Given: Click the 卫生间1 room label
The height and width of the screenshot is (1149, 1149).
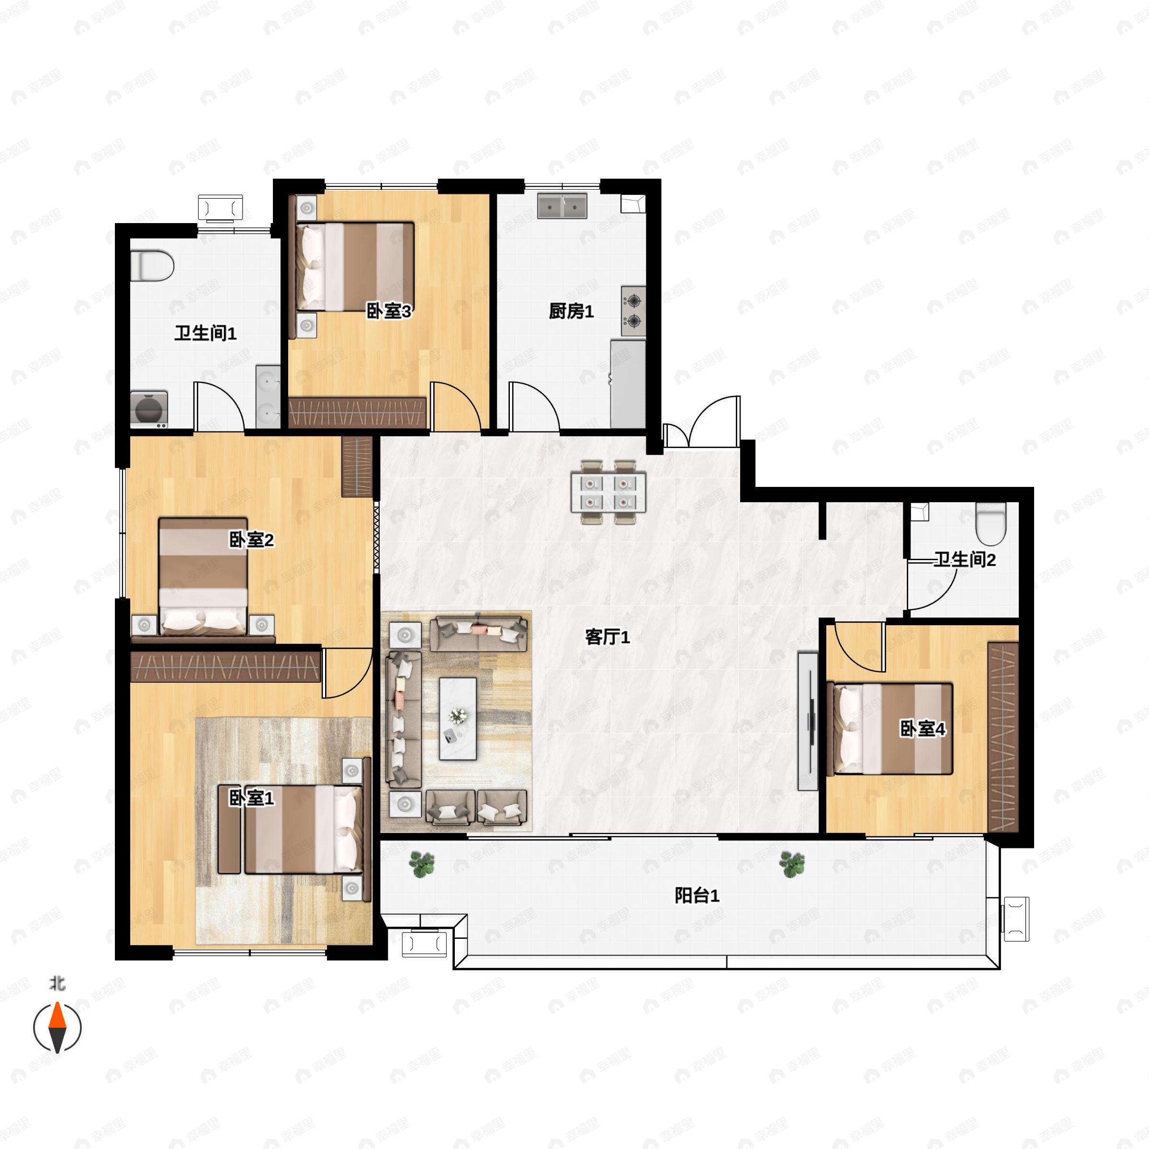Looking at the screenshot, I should tap(205, 333).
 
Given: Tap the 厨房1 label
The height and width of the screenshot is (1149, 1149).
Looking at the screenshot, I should tap(571, 311).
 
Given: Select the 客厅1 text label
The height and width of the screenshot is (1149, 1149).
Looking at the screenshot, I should tap(607, 637).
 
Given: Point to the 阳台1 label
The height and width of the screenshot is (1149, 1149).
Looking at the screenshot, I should tap(697, 895).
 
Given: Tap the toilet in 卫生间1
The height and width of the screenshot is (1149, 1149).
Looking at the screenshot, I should tap(152, 265).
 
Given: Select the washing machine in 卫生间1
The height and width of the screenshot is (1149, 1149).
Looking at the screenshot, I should tap(149, 409).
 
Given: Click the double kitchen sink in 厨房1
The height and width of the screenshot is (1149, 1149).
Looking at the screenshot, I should tap(562, 206).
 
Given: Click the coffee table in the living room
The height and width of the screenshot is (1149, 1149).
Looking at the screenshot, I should tap(458, 719).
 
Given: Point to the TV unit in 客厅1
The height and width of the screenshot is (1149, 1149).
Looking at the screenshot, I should tap(808, 721).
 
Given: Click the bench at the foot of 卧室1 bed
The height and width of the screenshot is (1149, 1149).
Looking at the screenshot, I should tap(229, 830).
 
